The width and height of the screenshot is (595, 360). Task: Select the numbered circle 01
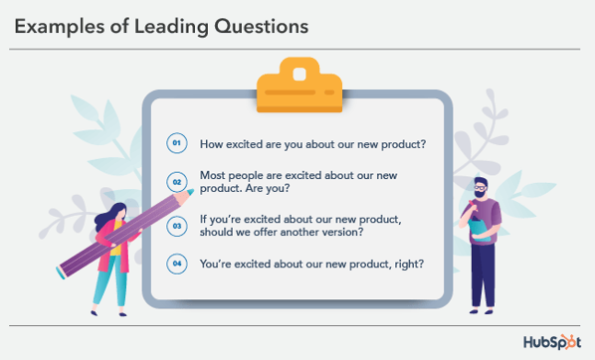click(177, 143)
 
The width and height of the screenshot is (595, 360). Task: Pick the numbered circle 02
click(177, 182)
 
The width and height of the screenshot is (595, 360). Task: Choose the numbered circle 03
click(177, 226)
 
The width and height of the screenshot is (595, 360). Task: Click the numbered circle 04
click(177, 265)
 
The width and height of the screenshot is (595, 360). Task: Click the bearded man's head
click(480, 189)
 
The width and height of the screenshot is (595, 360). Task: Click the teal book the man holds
click(477, 227)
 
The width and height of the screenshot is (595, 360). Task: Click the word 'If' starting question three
click(204, 219)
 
